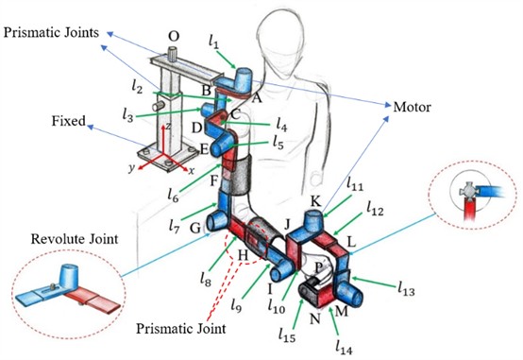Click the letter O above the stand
pyautogui.click(x=173, y=36)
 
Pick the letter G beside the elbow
pyautogui.click(x=194, y=226)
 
